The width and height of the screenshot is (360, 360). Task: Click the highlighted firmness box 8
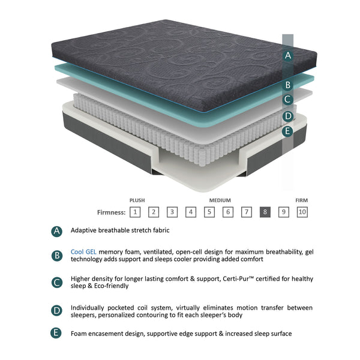pos(265,211)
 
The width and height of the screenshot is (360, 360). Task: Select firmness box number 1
pos(136,211)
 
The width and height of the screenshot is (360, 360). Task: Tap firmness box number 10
pos(302,211)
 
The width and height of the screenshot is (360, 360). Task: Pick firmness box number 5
pos(209,211)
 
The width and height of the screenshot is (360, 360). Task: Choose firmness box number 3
pos(172,211)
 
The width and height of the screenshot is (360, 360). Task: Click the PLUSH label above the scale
pos(137,200)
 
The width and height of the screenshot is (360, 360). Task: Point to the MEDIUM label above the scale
pos(220,200)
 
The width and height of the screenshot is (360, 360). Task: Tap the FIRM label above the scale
pos(302,200)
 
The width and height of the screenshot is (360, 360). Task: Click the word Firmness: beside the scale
pos(112,212)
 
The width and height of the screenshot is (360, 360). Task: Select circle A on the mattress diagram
pos(288,56)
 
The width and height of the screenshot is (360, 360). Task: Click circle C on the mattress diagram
pos(288,100)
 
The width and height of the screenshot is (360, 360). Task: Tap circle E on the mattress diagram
pos(288,130)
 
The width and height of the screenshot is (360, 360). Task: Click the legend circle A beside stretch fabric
pos(57,230)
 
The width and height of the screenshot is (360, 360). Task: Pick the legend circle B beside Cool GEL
pos(57,256)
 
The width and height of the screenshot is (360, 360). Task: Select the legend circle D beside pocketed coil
pos(57,310)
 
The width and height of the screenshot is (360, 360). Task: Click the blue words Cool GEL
pos(83,252)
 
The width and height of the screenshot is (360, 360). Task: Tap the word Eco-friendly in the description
pos(105,286)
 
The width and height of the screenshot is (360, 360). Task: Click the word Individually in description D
pos(90,307)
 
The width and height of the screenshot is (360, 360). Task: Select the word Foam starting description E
pos(79,333)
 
